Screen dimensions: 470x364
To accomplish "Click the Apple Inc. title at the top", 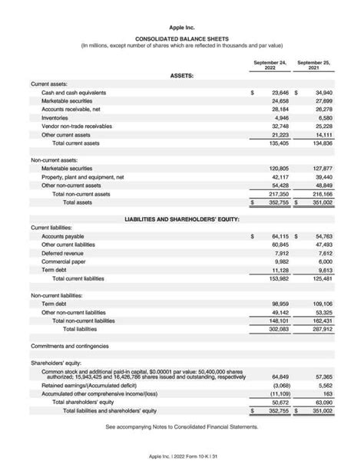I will [x=181, y=27].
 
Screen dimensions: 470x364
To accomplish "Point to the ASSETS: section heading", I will [x=181, y=76].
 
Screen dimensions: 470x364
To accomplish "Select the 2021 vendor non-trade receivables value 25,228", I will [x=323, y=127].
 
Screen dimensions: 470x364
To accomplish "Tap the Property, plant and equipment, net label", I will [x=82, y=176].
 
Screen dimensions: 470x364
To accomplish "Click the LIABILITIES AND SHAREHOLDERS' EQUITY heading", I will [x=181, y=219].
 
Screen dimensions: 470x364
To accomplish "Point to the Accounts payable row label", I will [x=63, y=236].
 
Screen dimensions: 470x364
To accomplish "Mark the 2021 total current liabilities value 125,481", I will [x=322, y=278].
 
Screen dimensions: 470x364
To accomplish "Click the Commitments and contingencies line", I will [x=70, y=346].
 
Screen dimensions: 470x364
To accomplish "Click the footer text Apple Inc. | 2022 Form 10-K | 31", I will [x=181, y=456].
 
